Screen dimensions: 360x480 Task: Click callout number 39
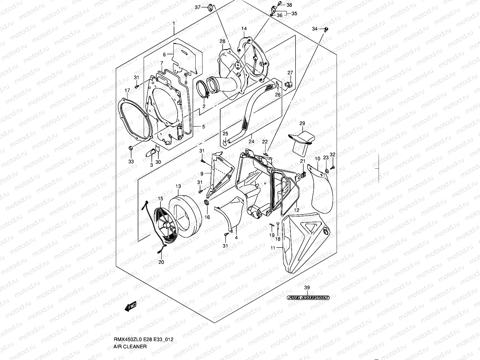(307, 288)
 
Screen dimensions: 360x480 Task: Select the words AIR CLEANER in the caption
(130, 346)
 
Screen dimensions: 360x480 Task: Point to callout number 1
(173, 24)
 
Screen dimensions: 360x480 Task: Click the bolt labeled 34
(326, 29)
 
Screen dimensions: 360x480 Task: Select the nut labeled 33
(131, 148)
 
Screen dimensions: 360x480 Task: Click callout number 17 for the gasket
(127, 90)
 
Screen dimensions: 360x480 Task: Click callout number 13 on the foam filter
(178, 186)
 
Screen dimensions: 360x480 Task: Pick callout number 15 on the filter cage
(160, 198)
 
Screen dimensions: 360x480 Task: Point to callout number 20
(161, 262)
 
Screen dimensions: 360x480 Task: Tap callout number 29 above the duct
(302, 123)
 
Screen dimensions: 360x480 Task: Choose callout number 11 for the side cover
(273, 248)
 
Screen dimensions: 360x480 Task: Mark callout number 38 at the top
(289, 5)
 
